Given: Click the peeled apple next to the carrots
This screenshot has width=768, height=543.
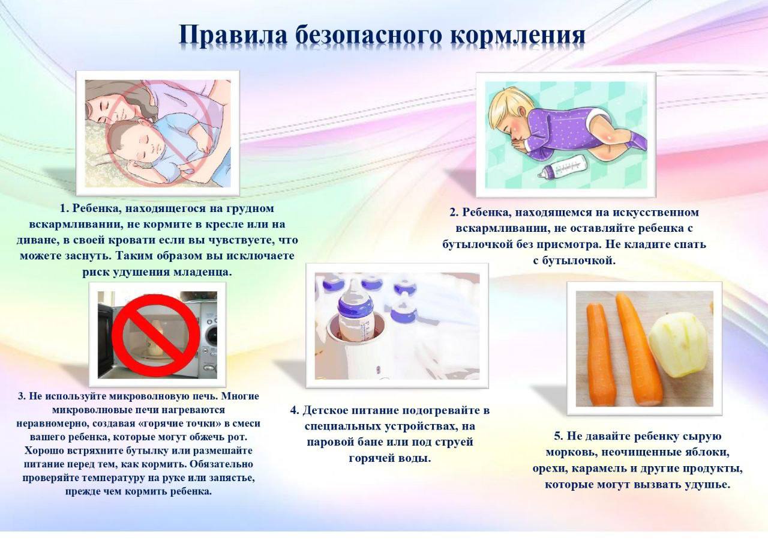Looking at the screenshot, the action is (678, 345).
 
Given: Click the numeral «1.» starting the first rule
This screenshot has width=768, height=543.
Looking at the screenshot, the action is (65, 208).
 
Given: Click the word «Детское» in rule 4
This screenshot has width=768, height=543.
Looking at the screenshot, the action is (326, 410).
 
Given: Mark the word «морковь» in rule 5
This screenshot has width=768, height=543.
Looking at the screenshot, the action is (570, 452).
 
